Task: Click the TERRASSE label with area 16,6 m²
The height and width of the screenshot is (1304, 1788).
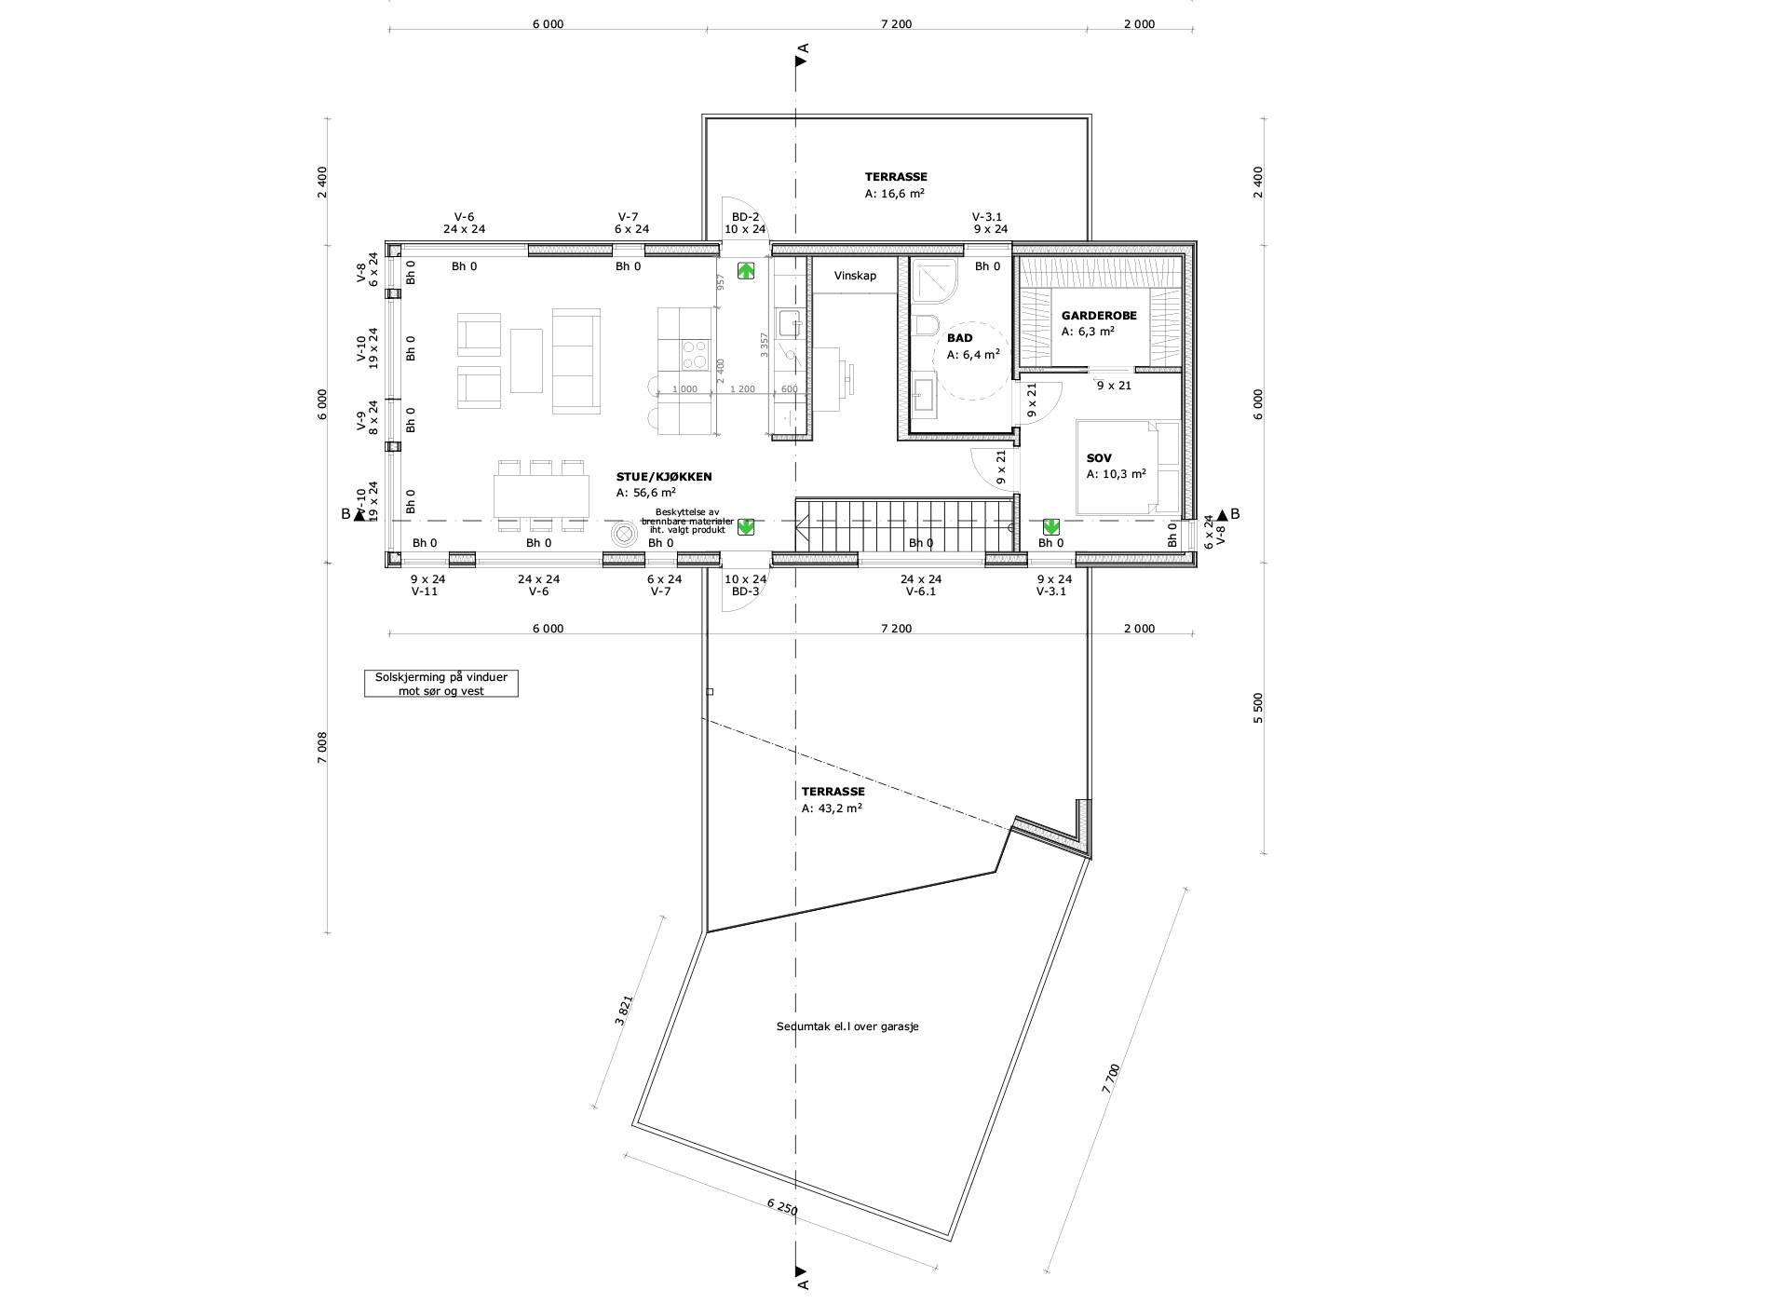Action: coord(896,176)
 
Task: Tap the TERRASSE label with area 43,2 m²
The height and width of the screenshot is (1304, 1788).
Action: coord(833,791)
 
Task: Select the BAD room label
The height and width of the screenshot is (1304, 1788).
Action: coord(959,338)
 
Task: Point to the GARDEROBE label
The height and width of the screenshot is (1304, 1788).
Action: coord(1099,316)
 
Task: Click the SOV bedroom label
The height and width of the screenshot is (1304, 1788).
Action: coord(1099,458)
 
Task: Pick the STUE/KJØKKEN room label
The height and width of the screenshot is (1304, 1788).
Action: coord(664,476)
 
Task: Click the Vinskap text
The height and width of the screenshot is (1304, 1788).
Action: coord(855,276)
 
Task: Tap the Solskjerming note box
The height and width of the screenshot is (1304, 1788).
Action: coord(441,684)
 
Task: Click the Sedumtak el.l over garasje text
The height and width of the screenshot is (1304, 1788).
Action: coord(847,1026)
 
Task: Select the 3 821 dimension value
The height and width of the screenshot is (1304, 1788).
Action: coord(624,1011)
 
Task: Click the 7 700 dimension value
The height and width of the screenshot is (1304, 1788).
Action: coord(1110,1078)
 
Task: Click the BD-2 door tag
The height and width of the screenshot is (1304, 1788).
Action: coord(745,215)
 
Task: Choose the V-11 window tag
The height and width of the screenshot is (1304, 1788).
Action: coord(424,591)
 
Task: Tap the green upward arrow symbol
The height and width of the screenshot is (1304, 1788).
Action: coord(746,271)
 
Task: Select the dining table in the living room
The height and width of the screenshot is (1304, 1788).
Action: coord(541,496)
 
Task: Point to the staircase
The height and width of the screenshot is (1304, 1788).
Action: coord(904,524)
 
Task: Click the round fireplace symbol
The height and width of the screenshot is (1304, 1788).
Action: coord(623,534)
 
